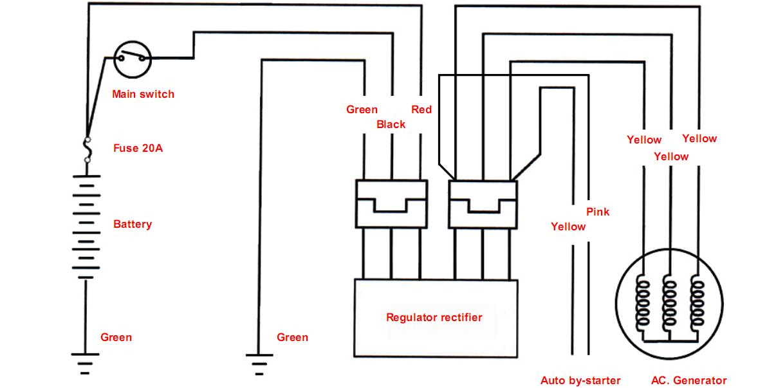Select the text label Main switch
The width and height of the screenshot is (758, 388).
click(143, 94)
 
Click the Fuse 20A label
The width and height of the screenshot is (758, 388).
click(138, 148)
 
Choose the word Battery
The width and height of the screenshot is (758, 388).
click(133, 225)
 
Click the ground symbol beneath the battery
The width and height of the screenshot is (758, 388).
click(86, 362)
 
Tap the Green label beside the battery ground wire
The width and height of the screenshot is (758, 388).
click(116, 337)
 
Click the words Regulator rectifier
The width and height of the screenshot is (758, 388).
click(434, 317)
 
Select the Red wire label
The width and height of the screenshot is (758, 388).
click(421, 109)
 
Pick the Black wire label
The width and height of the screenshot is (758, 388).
click(391, 124)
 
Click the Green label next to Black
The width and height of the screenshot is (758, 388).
click(362, 109)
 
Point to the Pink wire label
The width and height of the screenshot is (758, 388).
click(598, 212)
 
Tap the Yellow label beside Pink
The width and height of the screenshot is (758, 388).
click(568, 226)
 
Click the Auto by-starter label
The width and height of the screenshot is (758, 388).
click(580, 380)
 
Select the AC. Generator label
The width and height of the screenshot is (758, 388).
click(689, 380)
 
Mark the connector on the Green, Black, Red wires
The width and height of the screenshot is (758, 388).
click(391, 204)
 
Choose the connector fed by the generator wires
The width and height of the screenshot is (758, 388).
click(483, 204)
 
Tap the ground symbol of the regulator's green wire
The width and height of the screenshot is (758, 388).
click(259, 364)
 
